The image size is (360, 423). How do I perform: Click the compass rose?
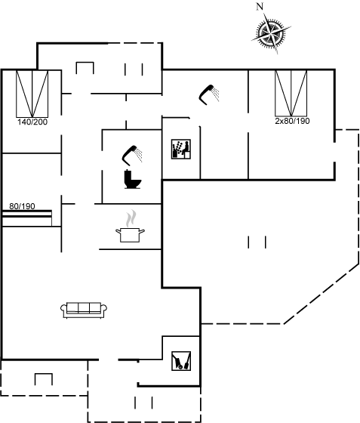pos(272,33)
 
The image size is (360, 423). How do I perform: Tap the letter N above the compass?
pos(260,7)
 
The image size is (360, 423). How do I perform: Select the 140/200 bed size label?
pos(32,122)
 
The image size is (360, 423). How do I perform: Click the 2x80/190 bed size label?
pos(292,121)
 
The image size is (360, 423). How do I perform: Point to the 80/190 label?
pos(22,206)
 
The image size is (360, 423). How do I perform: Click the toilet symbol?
pos(133,179)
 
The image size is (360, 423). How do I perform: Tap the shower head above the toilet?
pos(132,156)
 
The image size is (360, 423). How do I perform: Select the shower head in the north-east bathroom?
pos(209,94)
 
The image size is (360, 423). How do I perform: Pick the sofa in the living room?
pos(84,310)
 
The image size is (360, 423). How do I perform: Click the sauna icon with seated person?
pos(181,150)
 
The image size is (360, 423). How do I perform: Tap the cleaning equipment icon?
pos(181,361)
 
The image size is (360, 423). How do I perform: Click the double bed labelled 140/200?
pos(32,94)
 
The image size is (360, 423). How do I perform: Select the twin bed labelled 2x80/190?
pos(291,94)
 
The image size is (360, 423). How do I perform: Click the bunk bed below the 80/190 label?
pos(27,218)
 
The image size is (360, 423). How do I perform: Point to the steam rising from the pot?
pos(131,218)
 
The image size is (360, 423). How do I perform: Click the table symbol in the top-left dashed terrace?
pos(85,68)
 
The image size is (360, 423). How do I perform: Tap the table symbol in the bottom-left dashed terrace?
pos(44,379)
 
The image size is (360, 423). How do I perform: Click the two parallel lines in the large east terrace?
pos(257,242)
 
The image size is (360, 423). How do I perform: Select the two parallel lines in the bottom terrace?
pos(143,403)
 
